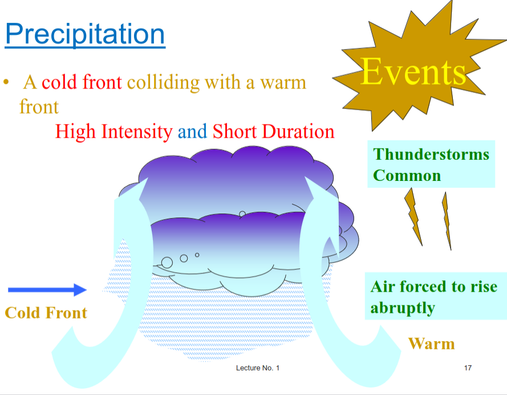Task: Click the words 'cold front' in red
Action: (82, 83)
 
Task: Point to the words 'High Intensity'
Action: (113, 132)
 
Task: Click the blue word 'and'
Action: (192, 132)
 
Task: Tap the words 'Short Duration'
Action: (273, 132)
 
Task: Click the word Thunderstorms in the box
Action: (431, 154)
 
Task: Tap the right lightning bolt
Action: (446, 220)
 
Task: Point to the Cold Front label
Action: (46, 313)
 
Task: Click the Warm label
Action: (431, 344)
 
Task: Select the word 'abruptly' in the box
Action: (402, 308)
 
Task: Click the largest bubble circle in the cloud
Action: (167, 263)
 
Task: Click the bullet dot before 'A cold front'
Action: (6, 82)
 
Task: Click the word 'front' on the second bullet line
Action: (39, 107)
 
